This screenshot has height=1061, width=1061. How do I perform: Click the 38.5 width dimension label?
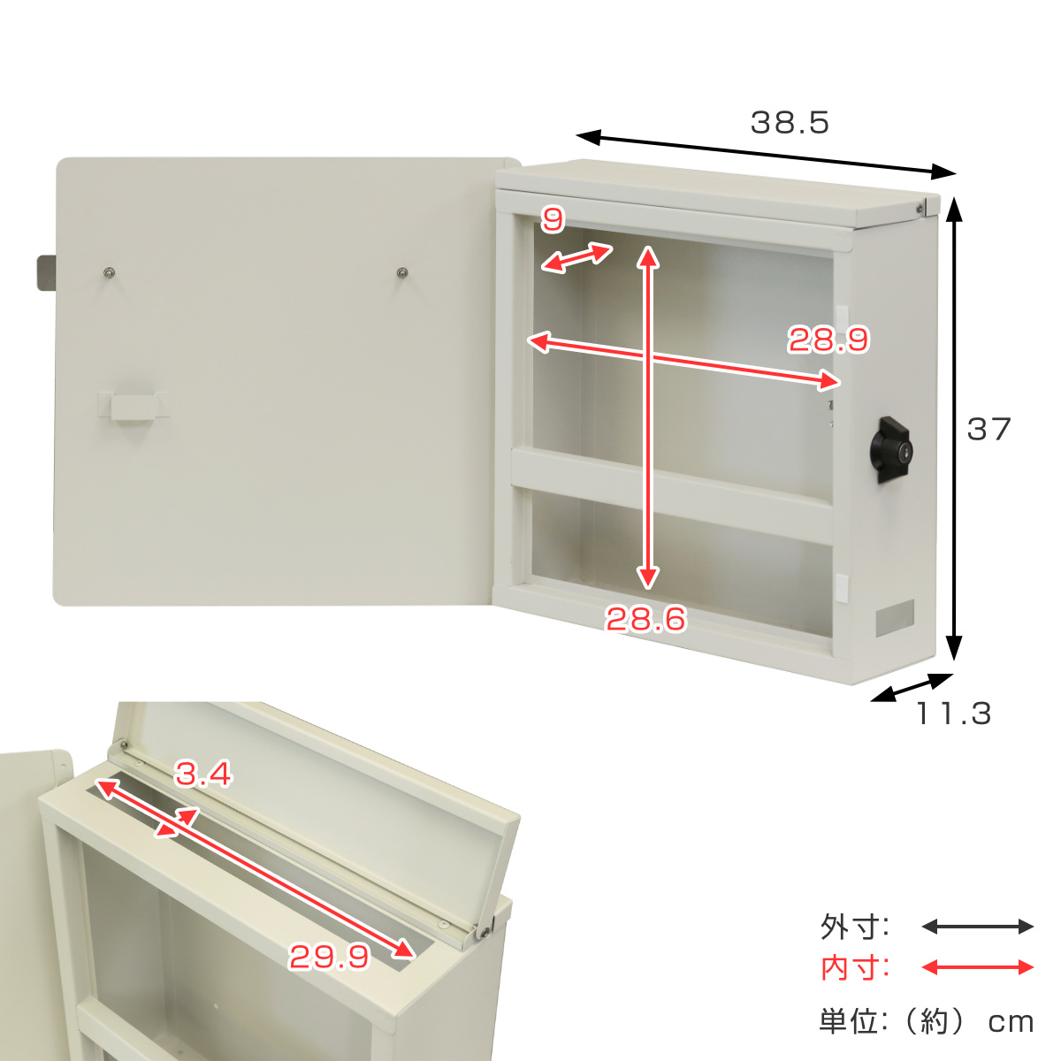[x=789, y=123]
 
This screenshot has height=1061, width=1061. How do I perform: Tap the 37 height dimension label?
[x=988, y=429]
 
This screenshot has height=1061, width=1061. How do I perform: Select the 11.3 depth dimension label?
[x=953, y=714]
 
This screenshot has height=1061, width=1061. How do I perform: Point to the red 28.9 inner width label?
[x=828, y=340]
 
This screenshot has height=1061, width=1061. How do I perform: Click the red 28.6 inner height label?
[x=645, y=618]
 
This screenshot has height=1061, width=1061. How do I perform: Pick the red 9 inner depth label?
[x=553, y=220]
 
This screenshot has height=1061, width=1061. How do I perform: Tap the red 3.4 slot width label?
[x=203, y=774]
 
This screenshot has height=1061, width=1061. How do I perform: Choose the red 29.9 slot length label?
[x=329, y=957]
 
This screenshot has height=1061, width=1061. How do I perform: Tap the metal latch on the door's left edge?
[x=46, y=273]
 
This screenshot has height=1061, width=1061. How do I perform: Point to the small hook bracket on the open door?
[x=134, y=407]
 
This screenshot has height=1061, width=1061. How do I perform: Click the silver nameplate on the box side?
[x=894, y=618]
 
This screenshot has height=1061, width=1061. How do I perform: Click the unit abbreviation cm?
[x=1011, y=1022]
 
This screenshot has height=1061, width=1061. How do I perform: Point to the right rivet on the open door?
[x=402, y=272]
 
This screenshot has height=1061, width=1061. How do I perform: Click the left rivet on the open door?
[x=110, y=271]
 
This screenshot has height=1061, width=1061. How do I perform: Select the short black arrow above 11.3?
[x=912, y=688]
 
